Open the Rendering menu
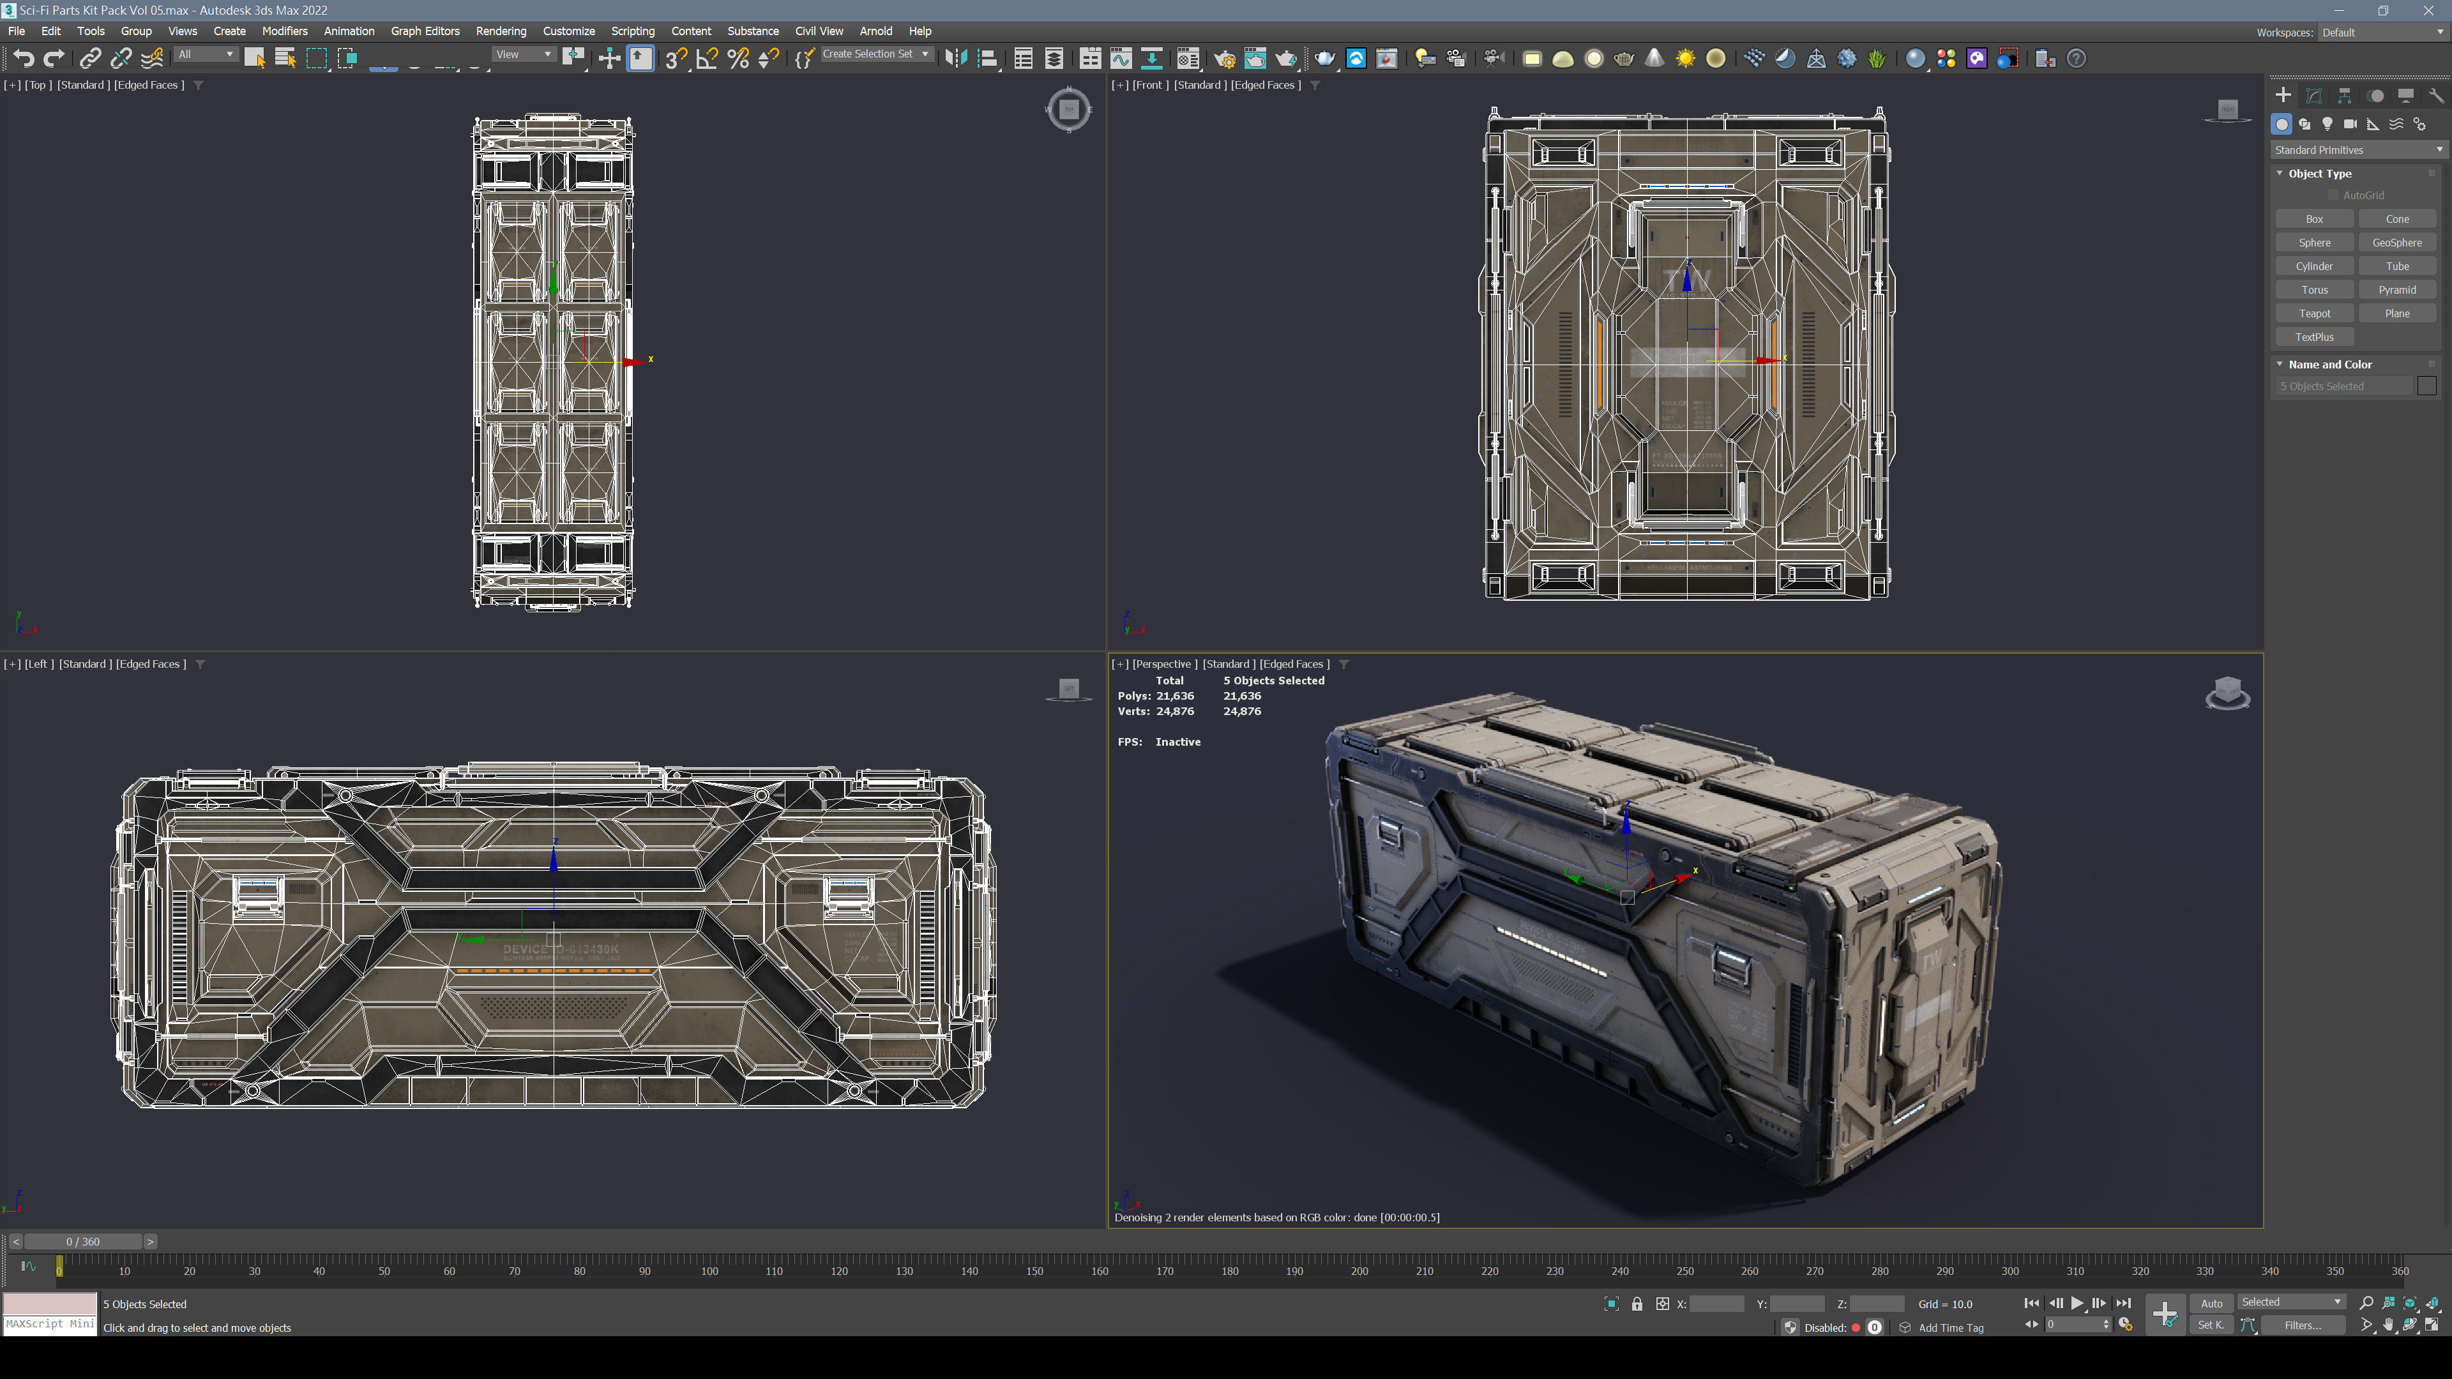(501, 31)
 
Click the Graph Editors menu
(425, 31)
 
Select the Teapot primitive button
(2314, 313)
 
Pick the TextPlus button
(2314, 337)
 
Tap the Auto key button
(2211, 1304)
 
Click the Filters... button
(2303, 1325)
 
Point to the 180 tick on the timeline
(1230, 1270)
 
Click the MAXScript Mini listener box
(50, 1324)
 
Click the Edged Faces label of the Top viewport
(149, 85)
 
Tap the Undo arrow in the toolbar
(23, 59)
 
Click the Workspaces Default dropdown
(2380, 33)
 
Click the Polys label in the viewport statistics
(1133, 696)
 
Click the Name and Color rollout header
(2329, 365)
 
